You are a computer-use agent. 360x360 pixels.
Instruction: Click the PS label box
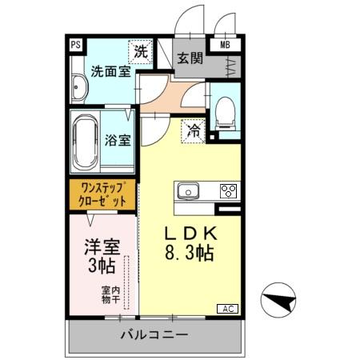point(75,46)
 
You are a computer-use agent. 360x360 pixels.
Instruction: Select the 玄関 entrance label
point(189,58)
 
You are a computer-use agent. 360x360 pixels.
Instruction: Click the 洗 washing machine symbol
point(141,51)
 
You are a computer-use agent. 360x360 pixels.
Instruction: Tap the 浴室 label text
point(118,140)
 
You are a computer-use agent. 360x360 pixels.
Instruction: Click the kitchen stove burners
point(228,190)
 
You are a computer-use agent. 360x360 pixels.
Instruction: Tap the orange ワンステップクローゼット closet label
point(102,194)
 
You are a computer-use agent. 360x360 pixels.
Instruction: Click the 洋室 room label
point(102,244)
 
